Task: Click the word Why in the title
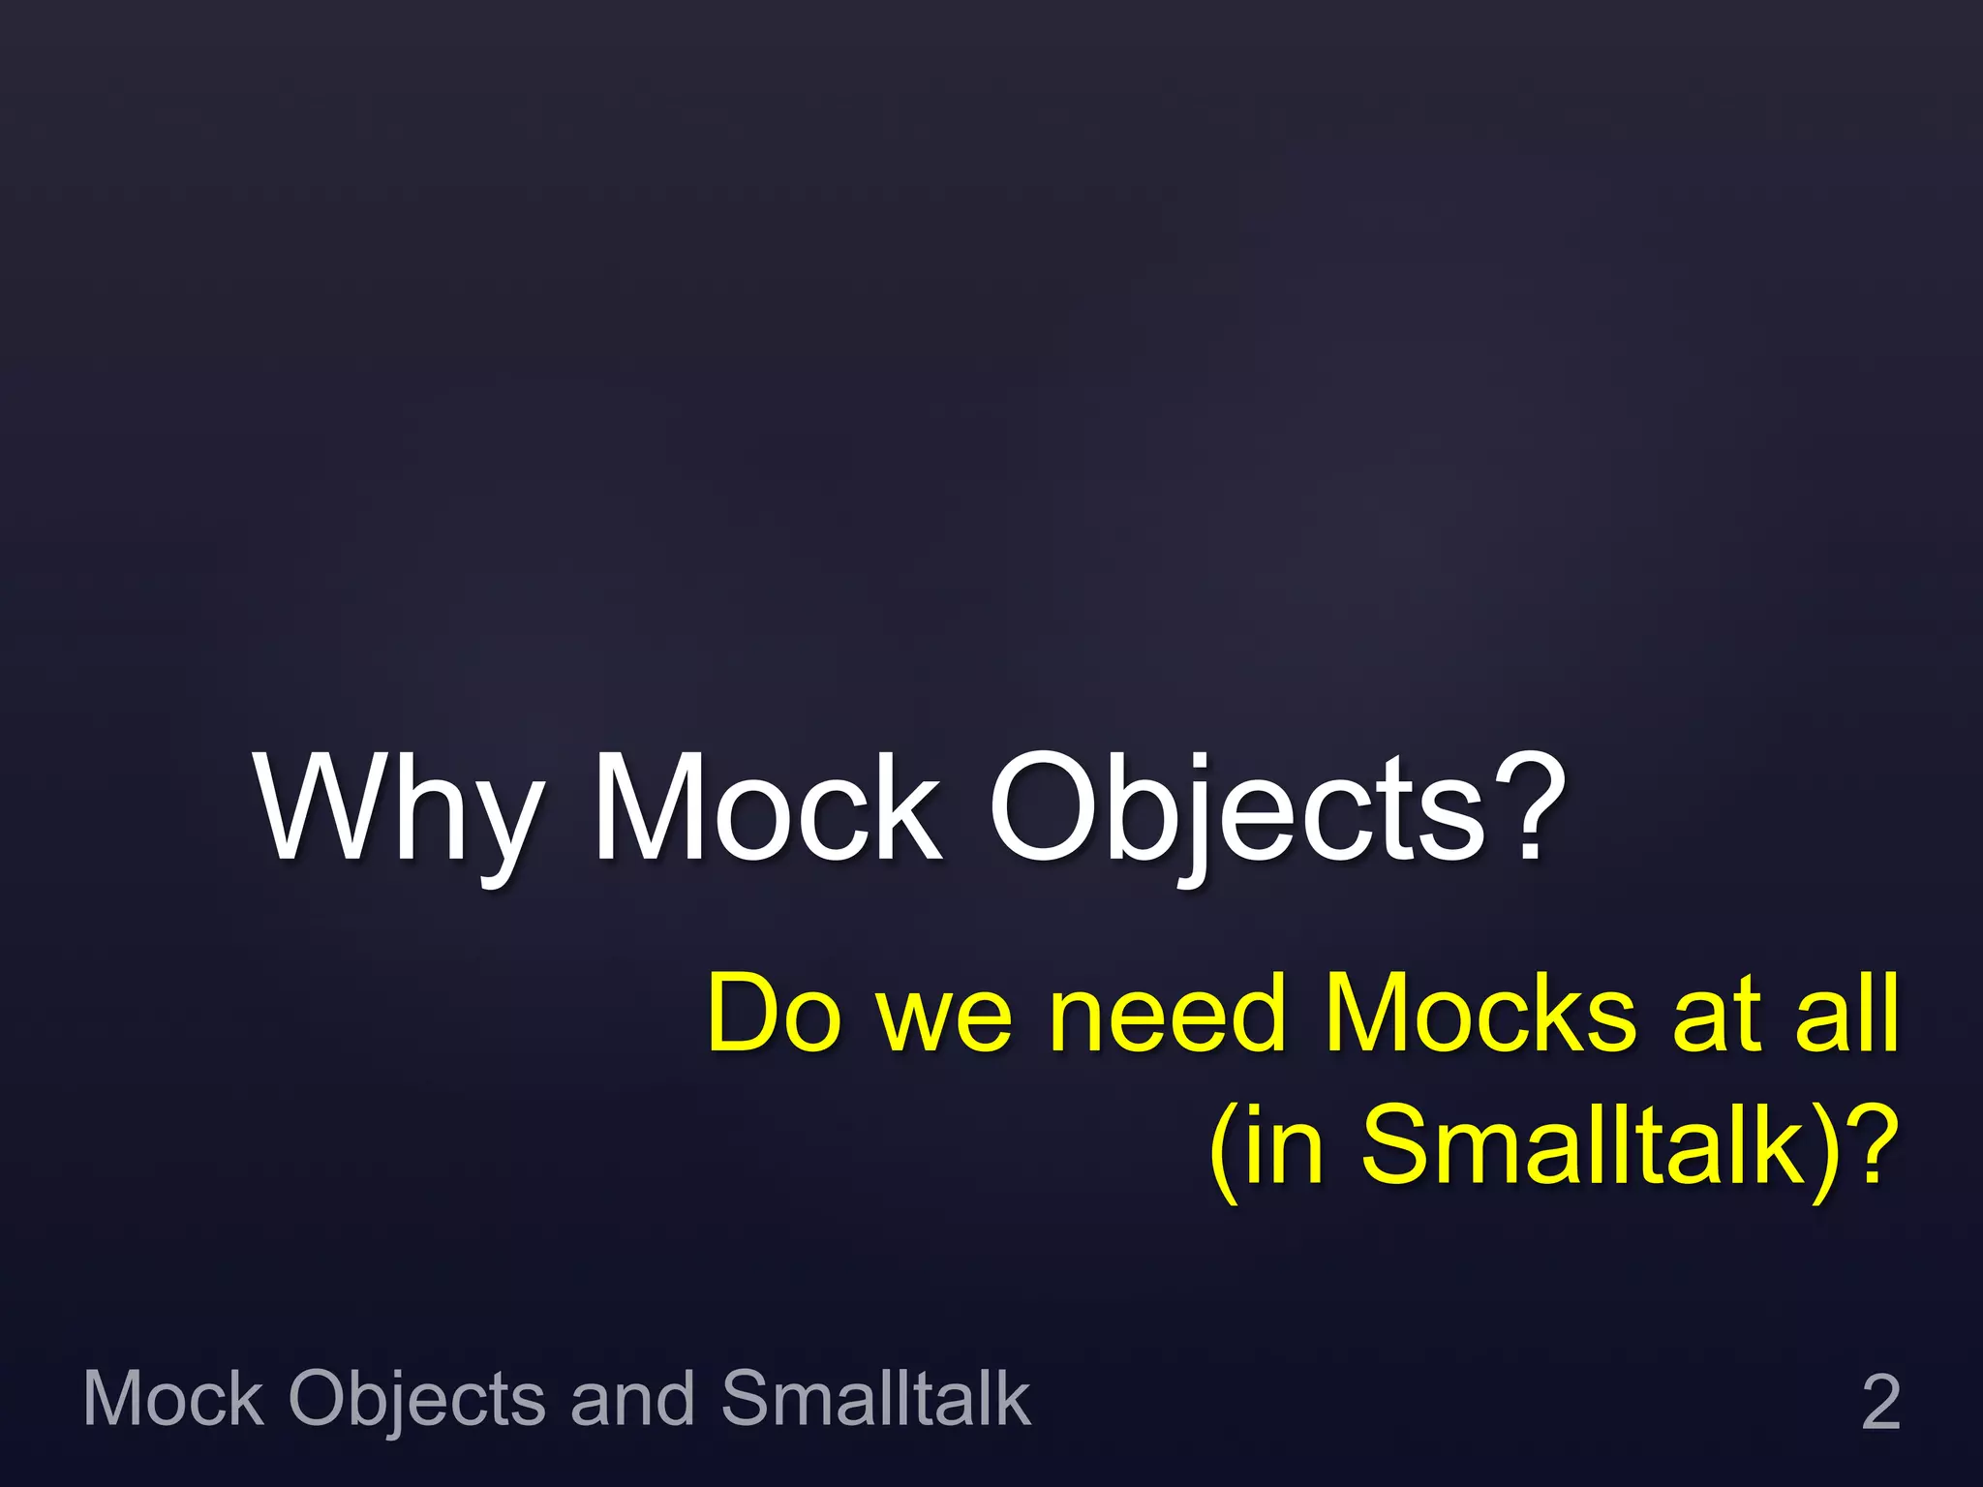point(397,808)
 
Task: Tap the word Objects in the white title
point(1236,808)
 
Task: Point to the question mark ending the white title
point(1530,808)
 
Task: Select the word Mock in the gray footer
point(173,1398)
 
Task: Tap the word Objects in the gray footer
point(416,1400)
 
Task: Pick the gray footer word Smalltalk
point(875,1398)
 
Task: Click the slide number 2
point(1880,1402)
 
